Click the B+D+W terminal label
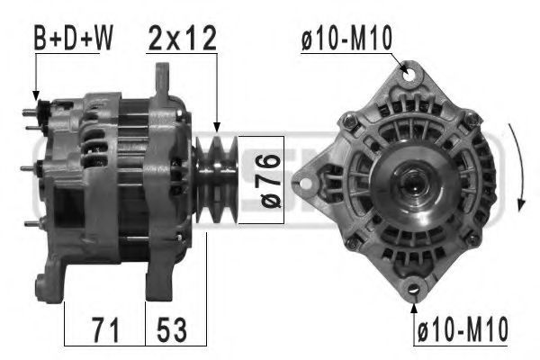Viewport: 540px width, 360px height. point(74,38)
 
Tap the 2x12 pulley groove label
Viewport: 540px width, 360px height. point(182,38)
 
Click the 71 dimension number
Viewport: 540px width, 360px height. point(105,330)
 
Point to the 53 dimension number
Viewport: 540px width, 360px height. point(172,330)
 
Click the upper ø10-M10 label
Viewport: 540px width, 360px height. point(346,38)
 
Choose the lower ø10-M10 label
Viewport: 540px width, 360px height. point(463,329)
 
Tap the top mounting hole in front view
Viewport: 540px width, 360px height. point(409,75)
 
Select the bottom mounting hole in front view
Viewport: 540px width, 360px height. point(414,289)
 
